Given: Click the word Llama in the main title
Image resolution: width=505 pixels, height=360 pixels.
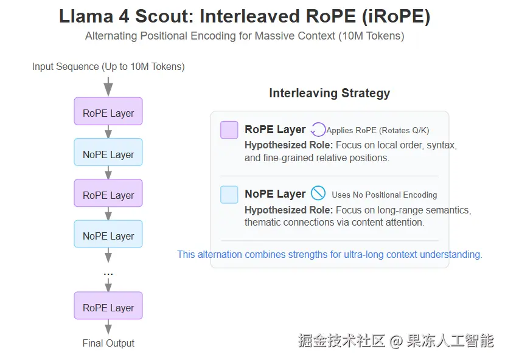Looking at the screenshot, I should (83, 16).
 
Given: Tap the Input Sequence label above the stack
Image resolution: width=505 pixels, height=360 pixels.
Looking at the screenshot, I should (108, 67).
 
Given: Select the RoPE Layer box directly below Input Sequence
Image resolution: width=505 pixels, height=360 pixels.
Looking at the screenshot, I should (108, 113).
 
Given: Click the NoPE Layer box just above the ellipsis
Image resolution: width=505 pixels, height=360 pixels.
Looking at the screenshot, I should (108, 236).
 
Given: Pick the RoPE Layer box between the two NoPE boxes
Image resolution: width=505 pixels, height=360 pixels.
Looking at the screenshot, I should (108, 195).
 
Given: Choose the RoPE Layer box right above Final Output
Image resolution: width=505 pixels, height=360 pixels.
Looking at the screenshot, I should (108, 308).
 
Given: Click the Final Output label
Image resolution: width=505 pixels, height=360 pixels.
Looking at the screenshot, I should (108, 343).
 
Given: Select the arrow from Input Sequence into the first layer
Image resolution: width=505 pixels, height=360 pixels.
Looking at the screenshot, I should (108, 86).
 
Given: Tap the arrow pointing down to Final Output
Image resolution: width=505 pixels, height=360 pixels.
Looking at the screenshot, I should (108, 327).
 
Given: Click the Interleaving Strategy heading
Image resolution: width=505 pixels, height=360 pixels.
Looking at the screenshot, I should (329, 93).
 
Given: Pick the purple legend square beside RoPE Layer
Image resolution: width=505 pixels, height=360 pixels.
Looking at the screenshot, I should (229, 130).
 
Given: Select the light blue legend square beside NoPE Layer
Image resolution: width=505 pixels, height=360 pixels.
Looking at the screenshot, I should (229, 195).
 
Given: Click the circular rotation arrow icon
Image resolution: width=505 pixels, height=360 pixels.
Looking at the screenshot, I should (318, 130).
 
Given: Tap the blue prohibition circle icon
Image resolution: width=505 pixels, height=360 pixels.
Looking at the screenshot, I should (318, 193).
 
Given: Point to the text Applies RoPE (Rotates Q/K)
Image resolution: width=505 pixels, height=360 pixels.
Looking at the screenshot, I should (378, 130).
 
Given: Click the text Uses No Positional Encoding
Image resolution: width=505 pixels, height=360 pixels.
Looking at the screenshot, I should (384, 195).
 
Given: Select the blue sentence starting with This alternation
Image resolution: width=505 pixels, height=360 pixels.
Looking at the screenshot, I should (329, 254).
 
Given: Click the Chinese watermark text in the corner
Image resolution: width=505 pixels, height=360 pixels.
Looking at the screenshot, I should (395, 341).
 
